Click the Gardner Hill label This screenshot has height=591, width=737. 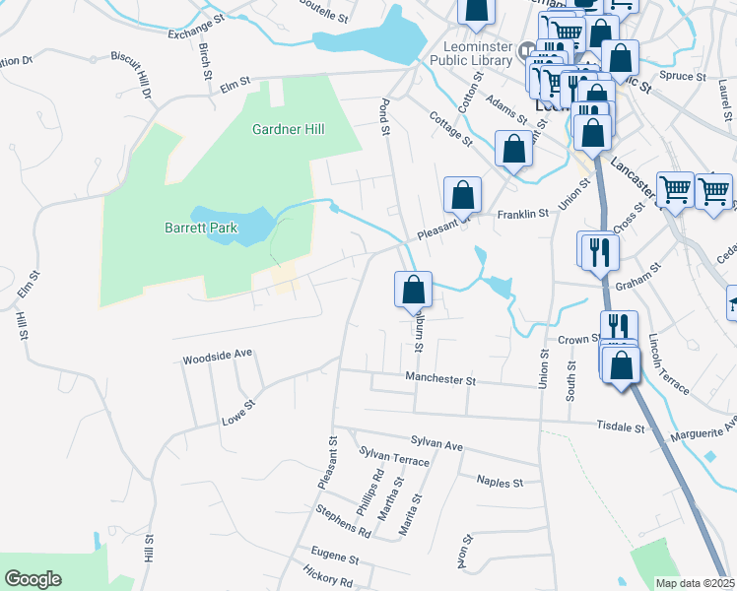289,129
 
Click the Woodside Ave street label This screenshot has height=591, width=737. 218,356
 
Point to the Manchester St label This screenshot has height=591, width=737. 440,379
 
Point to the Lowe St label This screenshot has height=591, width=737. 237,411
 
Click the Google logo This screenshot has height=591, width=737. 33,579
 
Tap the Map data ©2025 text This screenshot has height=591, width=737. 696,583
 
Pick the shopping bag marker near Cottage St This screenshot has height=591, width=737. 513,150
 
